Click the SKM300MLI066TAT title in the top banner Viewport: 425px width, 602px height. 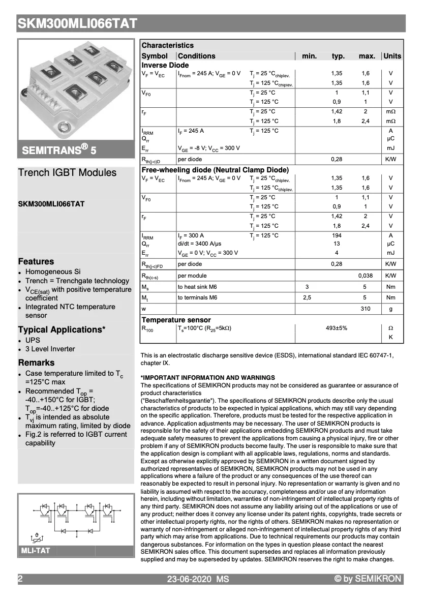tap(77, 23)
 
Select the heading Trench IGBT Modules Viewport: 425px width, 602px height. tap(67, 172)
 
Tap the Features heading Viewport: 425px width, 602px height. tap(36, 261)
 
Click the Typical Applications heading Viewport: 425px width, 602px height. tap(62, 329)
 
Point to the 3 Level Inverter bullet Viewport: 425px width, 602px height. tap(50, 349)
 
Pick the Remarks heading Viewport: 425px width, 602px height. tap(36, 363)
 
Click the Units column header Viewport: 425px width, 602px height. tap(392, 56)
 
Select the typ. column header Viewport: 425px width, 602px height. tap(338, 56)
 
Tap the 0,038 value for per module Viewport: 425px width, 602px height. tap(366, 275)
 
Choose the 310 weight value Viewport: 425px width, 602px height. tap(366, 309)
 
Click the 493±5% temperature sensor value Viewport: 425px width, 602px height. tap(337, 328)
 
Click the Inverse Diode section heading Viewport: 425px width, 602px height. tap(165, 65)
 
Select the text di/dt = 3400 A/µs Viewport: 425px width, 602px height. tap(199, 244)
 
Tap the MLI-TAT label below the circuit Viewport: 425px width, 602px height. tap(35, 551)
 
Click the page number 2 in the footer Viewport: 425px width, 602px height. tap(20, 579)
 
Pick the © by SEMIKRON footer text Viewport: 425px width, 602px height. tap(368, 579)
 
